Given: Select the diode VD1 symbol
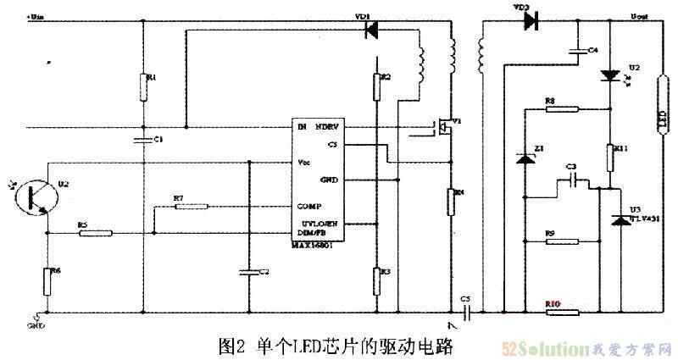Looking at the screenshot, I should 370,30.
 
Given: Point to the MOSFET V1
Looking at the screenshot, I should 441,128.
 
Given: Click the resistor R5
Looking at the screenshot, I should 96,233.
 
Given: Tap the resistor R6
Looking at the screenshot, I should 47,279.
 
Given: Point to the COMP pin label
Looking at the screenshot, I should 308,206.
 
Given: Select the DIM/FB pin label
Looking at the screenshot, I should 312,233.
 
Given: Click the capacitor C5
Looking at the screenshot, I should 465,312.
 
